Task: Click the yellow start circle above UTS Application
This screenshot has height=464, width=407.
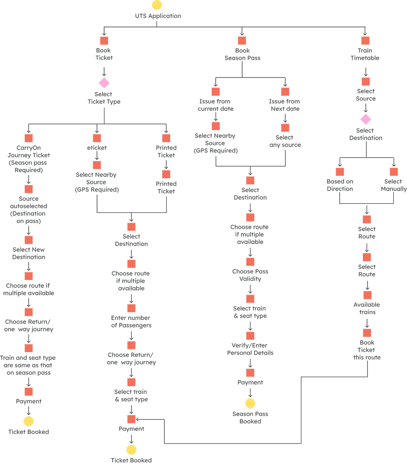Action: [157, 5]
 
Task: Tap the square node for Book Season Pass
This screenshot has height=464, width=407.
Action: [242, 40]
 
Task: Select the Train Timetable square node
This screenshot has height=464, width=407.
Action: [365, 40]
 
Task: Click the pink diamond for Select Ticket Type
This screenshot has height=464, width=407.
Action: [104, 83]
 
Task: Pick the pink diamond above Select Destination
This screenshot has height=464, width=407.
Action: [366, 119]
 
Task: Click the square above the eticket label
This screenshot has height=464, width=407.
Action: [97, 138]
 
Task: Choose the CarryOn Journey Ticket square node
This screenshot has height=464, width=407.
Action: [28, 138]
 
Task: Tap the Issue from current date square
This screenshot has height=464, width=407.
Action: [215, 92]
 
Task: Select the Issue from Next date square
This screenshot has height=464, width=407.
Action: [285, 92]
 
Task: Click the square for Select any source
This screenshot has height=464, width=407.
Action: [285, 128]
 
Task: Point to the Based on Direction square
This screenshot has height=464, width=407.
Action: [340, 172]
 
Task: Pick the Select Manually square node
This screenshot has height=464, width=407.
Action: [393, 172]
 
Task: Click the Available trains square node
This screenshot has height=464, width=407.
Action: [367, 295]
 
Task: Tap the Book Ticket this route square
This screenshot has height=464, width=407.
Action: [367, 333]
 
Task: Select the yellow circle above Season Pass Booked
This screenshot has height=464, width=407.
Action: [250, 403]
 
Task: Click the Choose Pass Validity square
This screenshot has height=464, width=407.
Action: [250, 262]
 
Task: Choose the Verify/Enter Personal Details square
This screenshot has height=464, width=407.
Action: [250, 336]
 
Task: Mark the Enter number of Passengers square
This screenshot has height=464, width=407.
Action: [131, 308]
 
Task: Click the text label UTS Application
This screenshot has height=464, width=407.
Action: [158, 16]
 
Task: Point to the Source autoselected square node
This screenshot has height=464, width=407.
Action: [28, 189]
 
